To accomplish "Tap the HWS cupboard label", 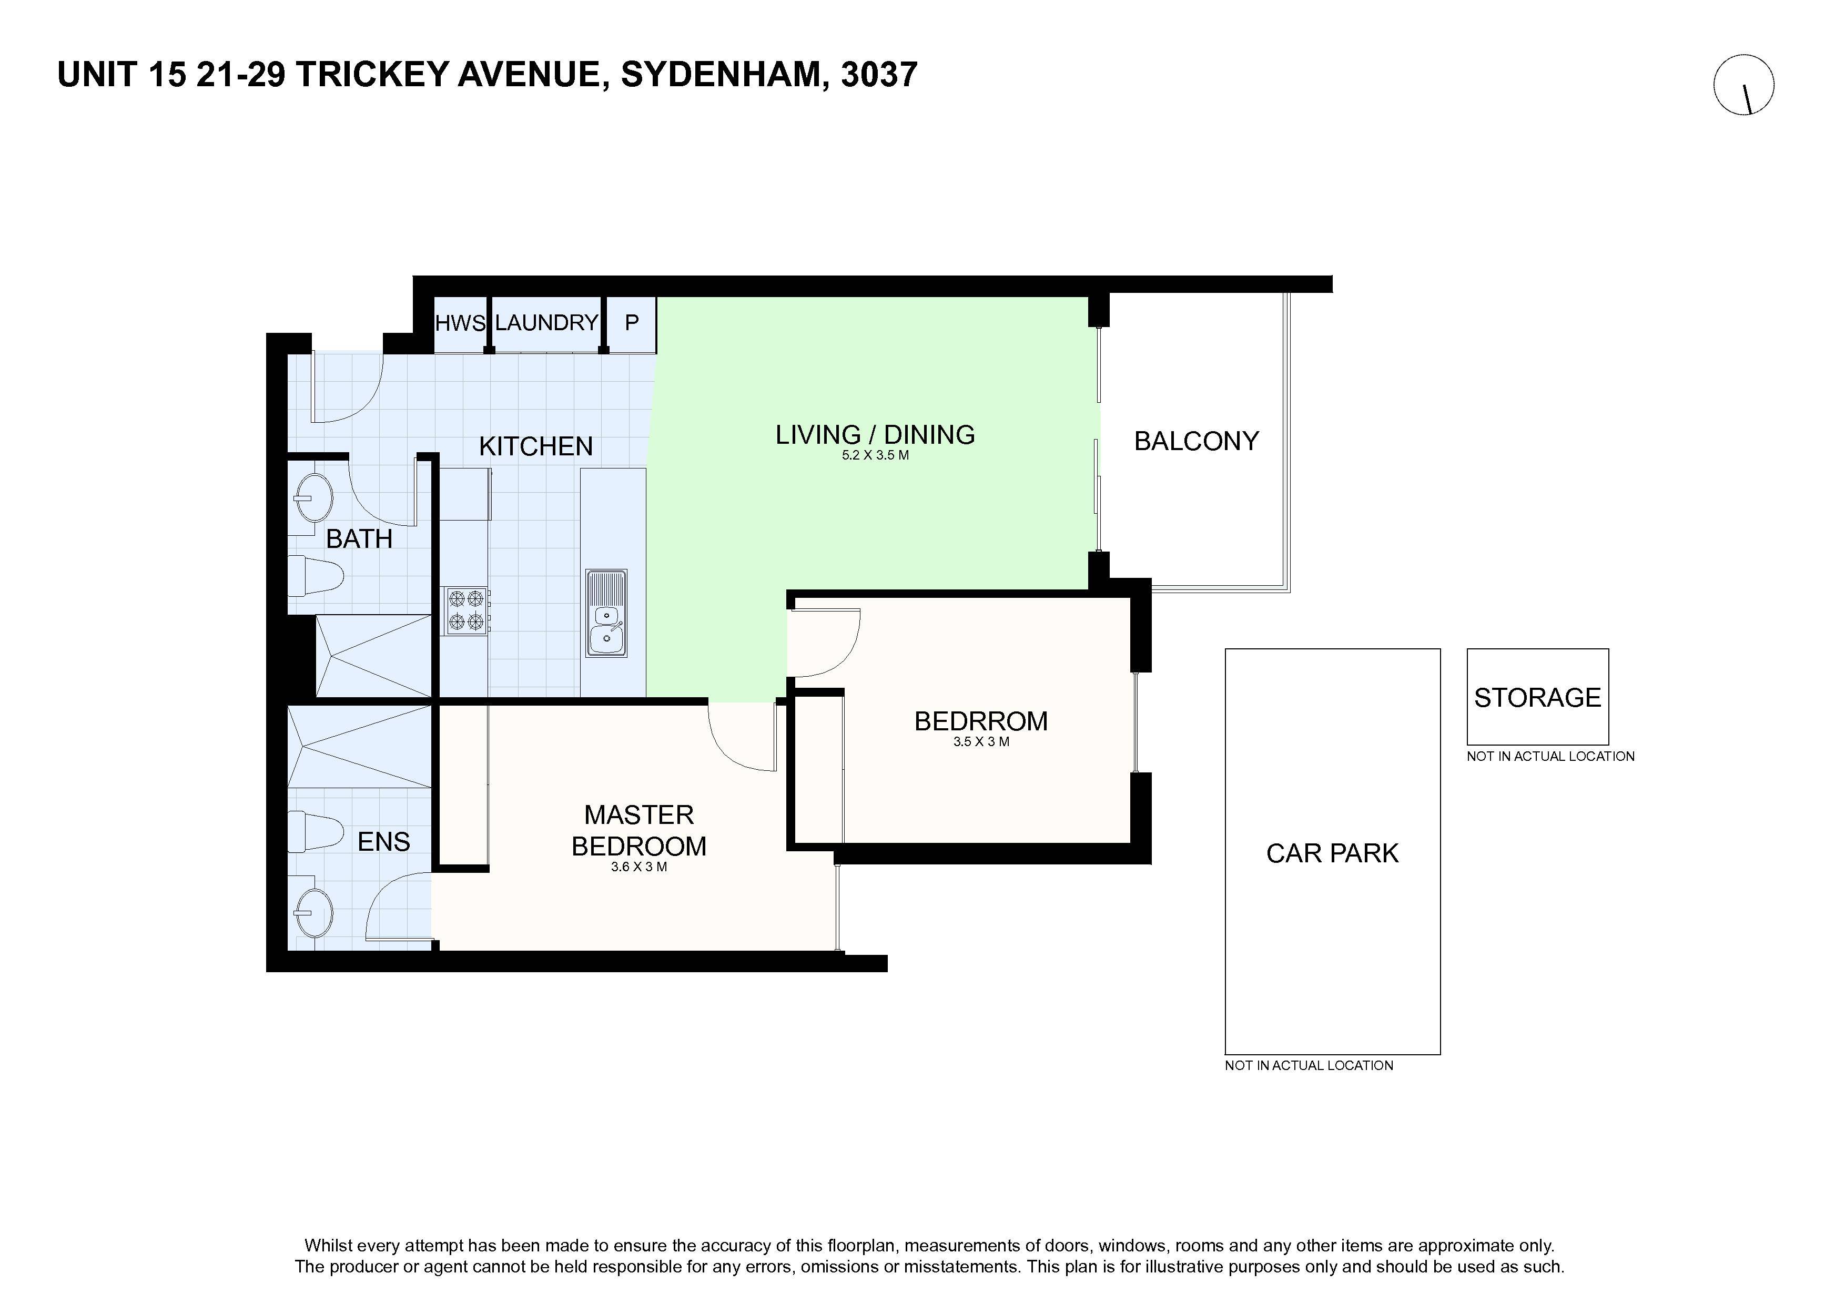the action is coord(460,323).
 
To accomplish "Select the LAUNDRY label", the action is coord(546,322).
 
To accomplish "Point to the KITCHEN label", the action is coord(536,446).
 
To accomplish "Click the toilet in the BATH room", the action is coord(316,575).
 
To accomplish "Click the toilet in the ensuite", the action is coord(316,831).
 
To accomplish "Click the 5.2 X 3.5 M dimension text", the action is coord(875,455).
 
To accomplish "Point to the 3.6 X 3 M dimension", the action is coord(639,867).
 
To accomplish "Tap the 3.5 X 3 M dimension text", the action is coord(981,741).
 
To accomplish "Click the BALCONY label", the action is coord(1197,441).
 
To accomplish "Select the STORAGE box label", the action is coord(1537,697).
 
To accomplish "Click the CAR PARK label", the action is coord(1332,853).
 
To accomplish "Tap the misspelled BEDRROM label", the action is coord(981,721).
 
